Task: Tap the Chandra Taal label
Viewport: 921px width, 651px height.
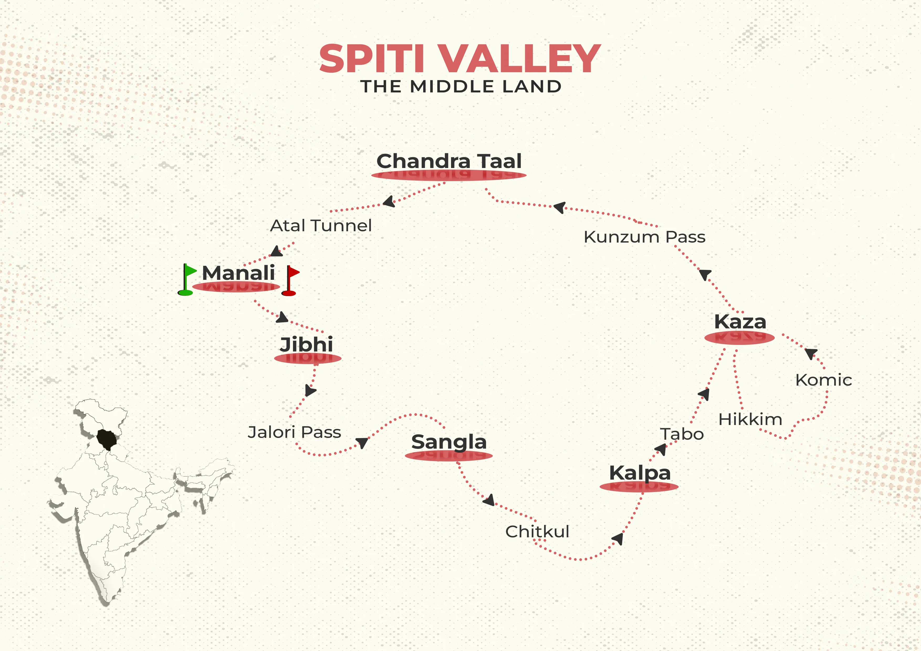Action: [x=449, y=161]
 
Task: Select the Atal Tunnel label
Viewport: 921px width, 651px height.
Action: [x=321, y=225]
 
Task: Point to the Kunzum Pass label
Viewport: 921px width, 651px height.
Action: [x=644, y=237]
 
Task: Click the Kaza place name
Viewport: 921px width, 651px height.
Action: [x=740, y=322]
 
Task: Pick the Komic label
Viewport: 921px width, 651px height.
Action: [x=824, y=380]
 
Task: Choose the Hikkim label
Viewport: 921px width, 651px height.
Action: [x=750, y=419]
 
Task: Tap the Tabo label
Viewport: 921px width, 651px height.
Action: [x=682, y=434]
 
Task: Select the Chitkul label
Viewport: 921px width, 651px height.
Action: [x=537, y=532]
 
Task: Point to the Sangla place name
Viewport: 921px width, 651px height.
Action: [x=449, y=442]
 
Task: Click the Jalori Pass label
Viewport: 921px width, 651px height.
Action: [x=294, y=432]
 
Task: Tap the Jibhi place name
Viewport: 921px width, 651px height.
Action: [x=306, y=344]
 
